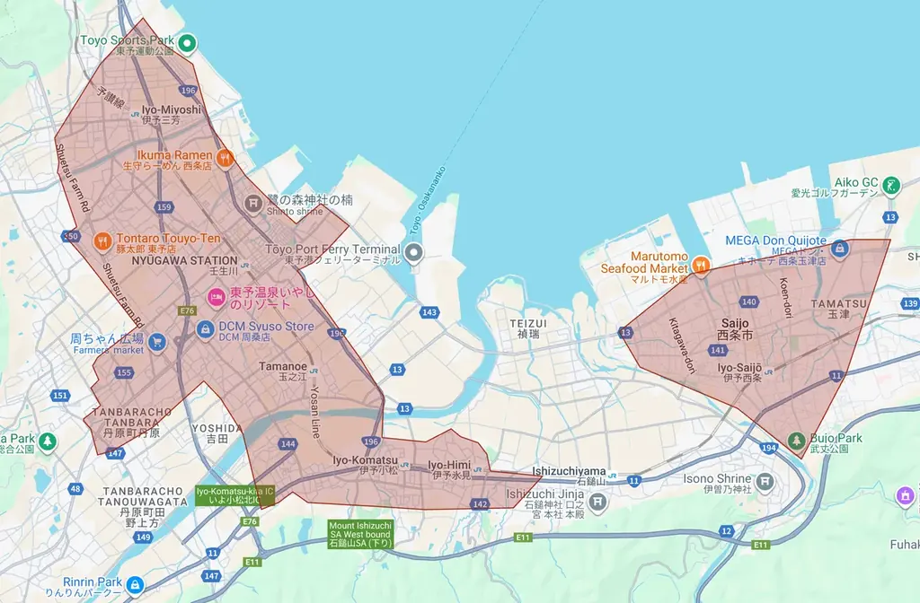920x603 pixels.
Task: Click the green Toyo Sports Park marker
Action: pyautogui.click(x=187, y=41)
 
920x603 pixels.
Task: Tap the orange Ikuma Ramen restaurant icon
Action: pyautogui.click(x=225, y=157)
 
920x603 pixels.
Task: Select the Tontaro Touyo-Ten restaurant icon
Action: pyautogui.click(x=103, y=240)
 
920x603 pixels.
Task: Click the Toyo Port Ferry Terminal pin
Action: pyautogui.click(x=414, y=254)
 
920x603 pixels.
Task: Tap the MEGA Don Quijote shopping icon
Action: pyautogui.click(x=839, y=247)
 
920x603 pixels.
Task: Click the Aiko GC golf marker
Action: pyautogui.click(x=890, y=186)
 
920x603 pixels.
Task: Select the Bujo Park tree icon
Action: pyautogui.click(x=796, y=441)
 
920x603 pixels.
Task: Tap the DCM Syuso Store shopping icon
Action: pyautogui.click(x=205, y=328)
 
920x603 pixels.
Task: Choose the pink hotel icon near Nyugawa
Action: pyautogui.click(x=216, y=296)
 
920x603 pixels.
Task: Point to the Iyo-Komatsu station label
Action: pyautogui.click(x=365, y=460)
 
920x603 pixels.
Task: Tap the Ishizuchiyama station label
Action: pyautogui.click(x=569, y=470)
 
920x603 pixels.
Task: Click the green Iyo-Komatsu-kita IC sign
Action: pyautogui.click(x=235, y=495)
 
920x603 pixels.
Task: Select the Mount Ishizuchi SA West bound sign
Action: pyautogui.click(x=360, y=534)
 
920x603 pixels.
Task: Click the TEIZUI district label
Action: pyautogui.click(x=527, y=322)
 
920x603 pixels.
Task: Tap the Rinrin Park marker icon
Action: pyautogui.click(x=134, y=584)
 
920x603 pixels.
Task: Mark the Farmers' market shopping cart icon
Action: pyautogui.click(x=157, y=341)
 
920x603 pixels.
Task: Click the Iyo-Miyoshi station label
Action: pyautogui.click(x=172, y=109)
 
